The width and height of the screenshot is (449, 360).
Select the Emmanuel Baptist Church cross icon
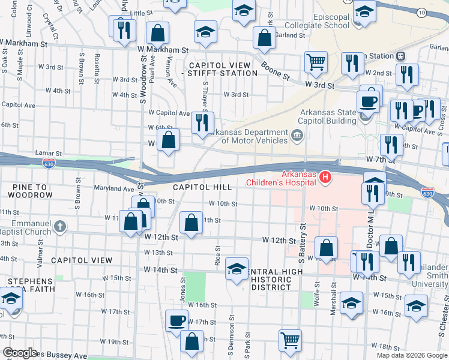tap(59, 226)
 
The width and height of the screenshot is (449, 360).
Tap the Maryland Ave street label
tap(113, 188)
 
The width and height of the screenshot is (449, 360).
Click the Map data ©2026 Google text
tap(411, 355)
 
